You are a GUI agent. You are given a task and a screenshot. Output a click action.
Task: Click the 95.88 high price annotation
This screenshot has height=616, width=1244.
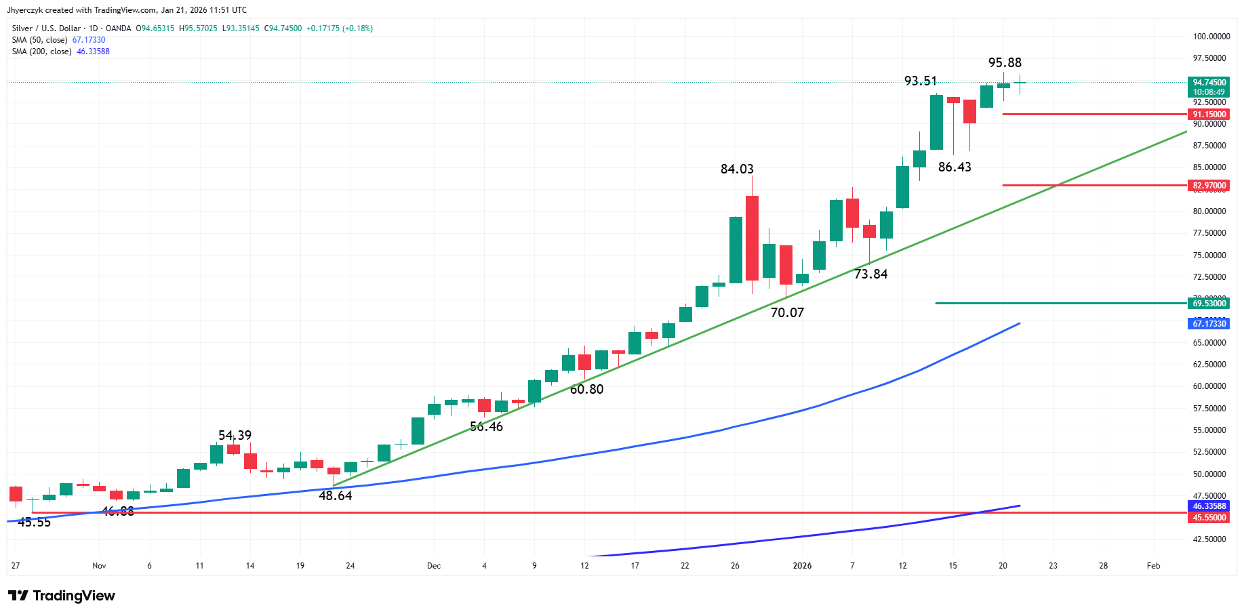click(1005, 62)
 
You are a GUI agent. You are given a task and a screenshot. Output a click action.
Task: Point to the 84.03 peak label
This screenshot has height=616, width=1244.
click(737, 169)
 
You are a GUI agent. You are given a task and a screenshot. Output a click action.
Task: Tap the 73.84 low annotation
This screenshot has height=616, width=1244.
click(870, 274)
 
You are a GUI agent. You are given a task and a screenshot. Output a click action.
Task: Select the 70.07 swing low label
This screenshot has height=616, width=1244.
click(787, 312)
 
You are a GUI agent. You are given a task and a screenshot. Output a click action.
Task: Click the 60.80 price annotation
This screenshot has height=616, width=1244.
click(586, 389)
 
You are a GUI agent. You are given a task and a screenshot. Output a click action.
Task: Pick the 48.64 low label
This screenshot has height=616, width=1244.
click(335, 495)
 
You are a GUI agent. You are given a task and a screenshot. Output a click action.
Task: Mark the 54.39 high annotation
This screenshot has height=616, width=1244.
click(235, 435)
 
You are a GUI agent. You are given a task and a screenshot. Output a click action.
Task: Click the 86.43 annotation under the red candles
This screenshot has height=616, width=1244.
click(955, 167)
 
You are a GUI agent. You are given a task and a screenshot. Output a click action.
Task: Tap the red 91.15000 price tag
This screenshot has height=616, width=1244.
click(1209, 115)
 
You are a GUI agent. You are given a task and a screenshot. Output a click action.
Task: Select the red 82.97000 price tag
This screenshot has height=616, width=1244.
click(1209, 185)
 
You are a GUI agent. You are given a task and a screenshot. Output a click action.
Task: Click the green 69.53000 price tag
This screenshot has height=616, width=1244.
click(1209, 303)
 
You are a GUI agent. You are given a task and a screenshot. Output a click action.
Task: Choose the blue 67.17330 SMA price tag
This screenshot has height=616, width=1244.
click(1209, 323)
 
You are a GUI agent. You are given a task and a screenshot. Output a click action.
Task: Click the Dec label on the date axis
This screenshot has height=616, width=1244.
click(434, 565)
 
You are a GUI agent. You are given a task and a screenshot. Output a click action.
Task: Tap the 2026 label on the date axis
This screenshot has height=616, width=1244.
click(802, 565)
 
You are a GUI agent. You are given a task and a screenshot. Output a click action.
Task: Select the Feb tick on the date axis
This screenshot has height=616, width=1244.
click(1153, 565)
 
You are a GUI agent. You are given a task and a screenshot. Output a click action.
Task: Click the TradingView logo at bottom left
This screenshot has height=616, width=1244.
click(62, 596)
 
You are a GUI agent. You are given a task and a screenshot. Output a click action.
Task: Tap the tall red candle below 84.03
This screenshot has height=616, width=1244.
click(752, 238)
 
